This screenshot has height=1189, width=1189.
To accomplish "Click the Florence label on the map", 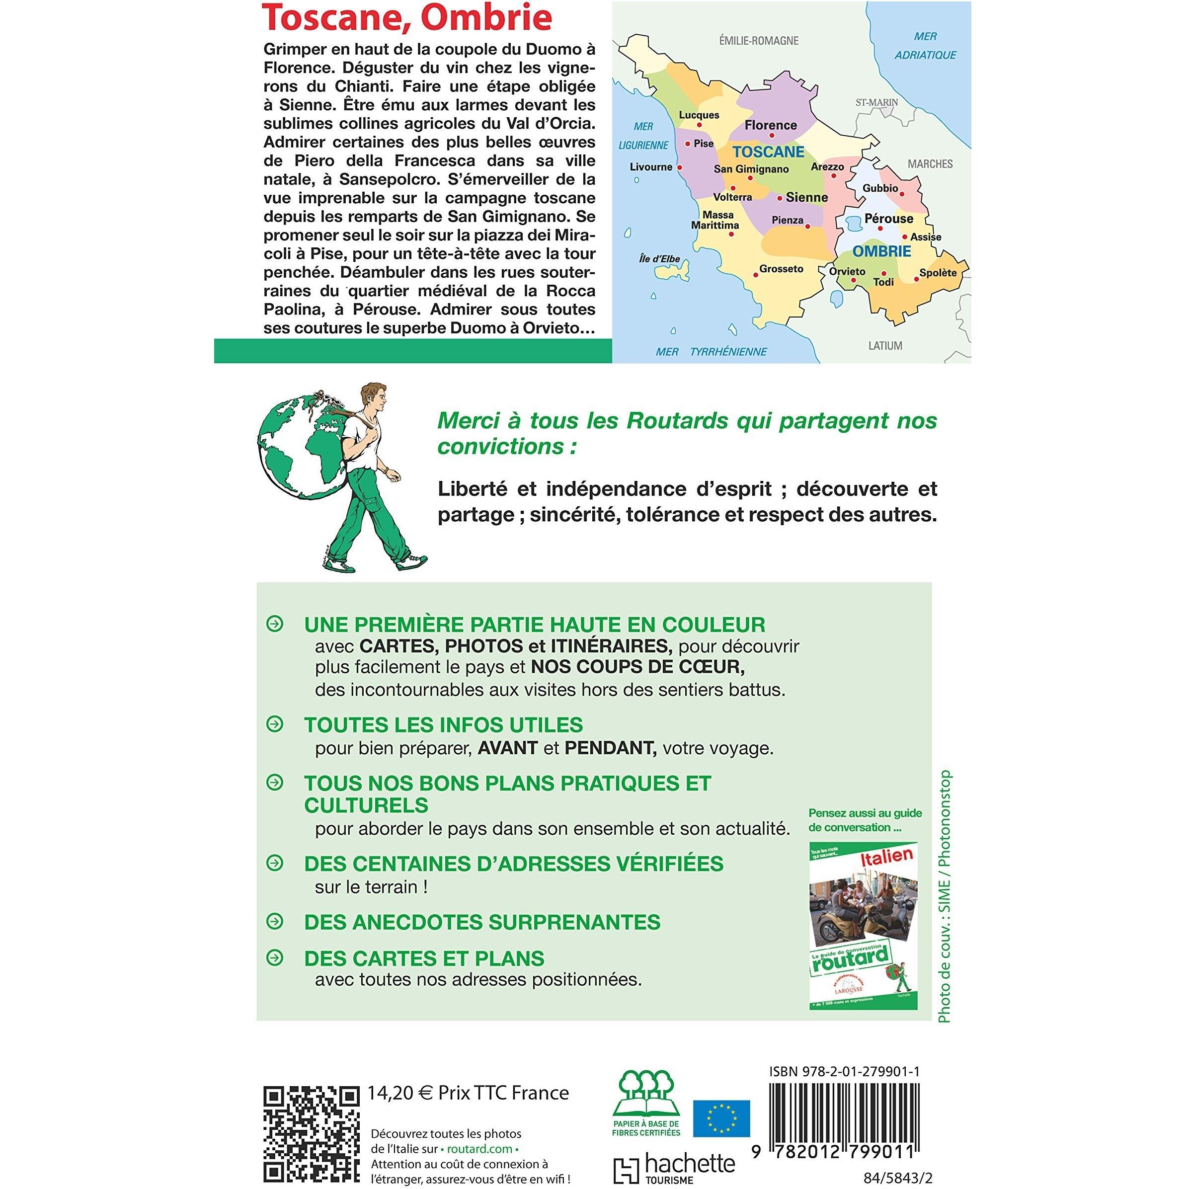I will point(770,126).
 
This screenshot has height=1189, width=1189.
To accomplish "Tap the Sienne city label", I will point(806,198).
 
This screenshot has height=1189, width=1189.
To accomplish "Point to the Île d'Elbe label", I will point(659,259).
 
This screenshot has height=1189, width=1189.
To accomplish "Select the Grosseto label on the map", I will point(781,269).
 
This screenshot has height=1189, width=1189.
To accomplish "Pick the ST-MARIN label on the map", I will point(877,102).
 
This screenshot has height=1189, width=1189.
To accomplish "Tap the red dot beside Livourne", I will point(679,167).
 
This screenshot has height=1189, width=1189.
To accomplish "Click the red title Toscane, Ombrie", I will point(407,19).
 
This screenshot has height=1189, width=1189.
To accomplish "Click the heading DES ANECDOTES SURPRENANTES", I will point(482,922).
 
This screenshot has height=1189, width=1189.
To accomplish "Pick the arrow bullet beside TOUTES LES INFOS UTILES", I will point(274,724).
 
